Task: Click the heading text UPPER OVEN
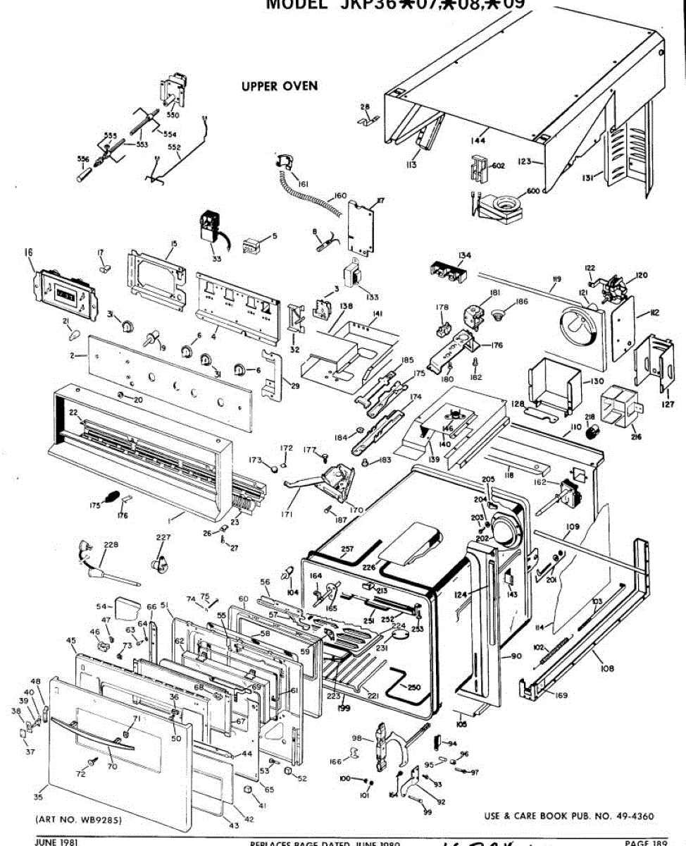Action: pyautogui.click(x=280, y=87)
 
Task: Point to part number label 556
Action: pyautogui.click(x=83, y=159)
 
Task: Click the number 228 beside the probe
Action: pyautogui.click(x=111, y=544)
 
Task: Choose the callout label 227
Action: pyautogui.click(x=163, y=538)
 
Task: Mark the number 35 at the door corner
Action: pyautogui.click(x=38, y=797)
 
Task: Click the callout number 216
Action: pyautogui.click(x=636, y=437)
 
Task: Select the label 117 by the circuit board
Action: pyautogui.click(x=380, y=201)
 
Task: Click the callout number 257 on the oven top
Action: pyautogui.click(x=347, y=548)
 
